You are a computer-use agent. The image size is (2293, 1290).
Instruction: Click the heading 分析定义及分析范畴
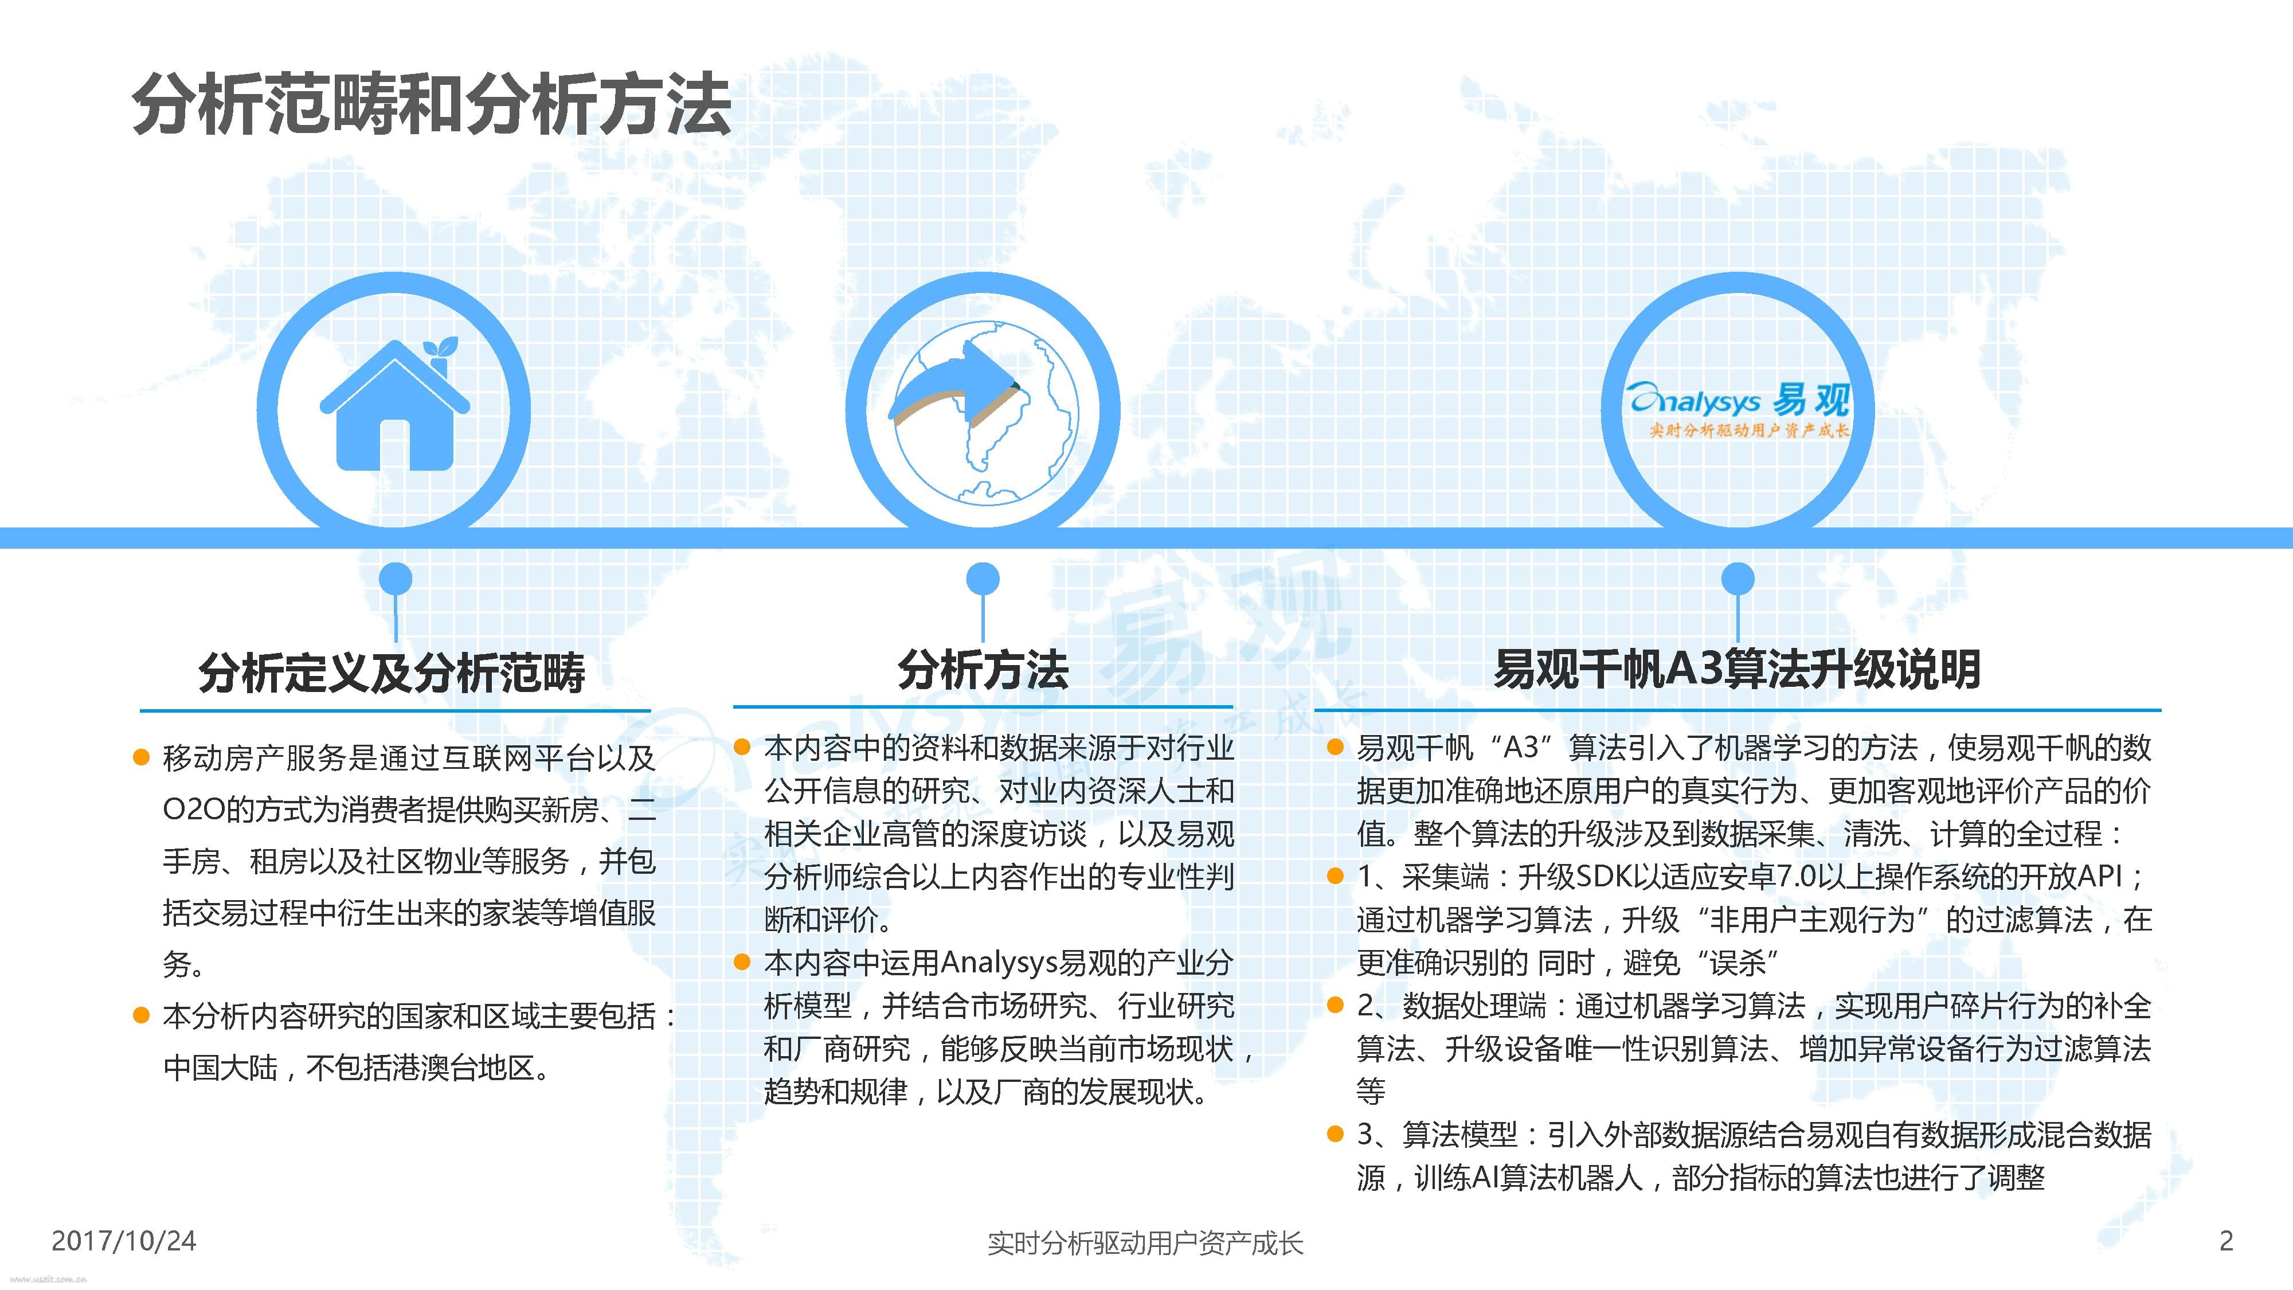(x=392, y=671)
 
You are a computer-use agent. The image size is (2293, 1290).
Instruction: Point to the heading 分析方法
(x=983, y=670)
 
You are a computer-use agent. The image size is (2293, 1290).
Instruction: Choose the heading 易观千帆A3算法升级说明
(x=1737, y=670)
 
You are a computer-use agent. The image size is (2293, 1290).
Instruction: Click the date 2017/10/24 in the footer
(x=124, y=1240)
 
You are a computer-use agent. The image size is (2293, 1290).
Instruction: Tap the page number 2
(x=2227, y=1240)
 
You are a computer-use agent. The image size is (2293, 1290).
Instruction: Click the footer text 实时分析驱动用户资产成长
(x=1145, y=1243)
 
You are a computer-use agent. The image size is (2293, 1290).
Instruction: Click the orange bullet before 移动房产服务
(x=140, y=757)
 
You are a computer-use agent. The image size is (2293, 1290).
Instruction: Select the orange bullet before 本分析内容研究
(x=140, y=1015)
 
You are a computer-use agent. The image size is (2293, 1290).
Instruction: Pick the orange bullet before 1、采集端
(x=1335, y=876)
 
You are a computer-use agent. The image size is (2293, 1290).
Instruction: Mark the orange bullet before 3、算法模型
(x=1335, y=1134)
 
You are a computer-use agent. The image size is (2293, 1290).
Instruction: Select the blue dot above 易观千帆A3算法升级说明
(x=1738, y=578)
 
